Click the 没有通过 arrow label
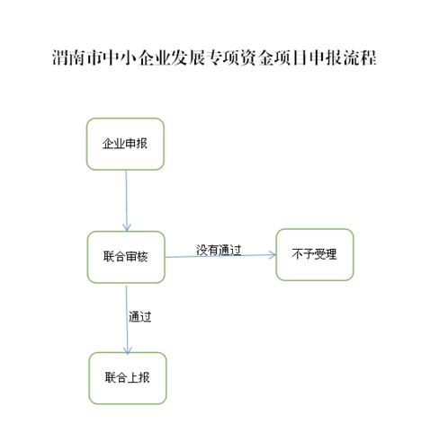coord(219,250)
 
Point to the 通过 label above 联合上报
coord(140,316)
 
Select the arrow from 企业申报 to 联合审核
coord(126,200)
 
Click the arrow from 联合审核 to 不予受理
coord(220,256)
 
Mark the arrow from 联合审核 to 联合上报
coord(127,320)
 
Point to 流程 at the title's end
coord(360,57)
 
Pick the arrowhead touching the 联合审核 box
coord(127,227)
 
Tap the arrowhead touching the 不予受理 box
coord(273,255)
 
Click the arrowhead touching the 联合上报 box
coord(128,351)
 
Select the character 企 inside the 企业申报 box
coord(108,144)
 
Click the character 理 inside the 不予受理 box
coord(331,254)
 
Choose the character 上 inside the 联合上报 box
coord(133,377)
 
